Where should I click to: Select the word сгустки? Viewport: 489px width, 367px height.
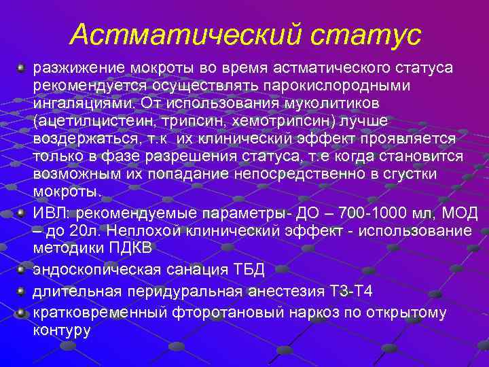pyautogui.click(x=433, y=174)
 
